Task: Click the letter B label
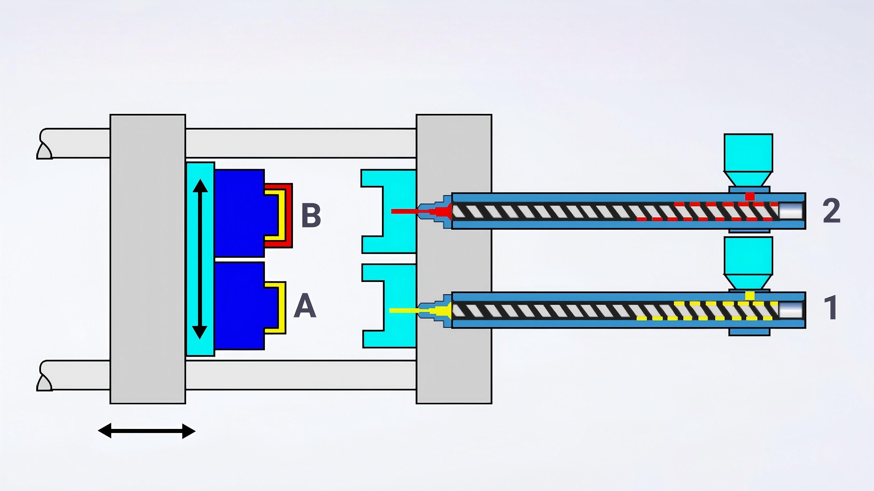[311, 215]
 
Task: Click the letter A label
[305, 306]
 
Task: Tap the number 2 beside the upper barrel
[831, 211]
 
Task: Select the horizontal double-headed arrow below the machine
[147, 431]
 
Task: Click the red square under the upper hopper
[750, 196]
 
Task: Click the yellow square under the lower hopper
[750, 295]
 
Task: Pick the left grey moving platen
[147, 259]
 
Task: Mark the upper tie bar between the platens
[300, 143]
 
